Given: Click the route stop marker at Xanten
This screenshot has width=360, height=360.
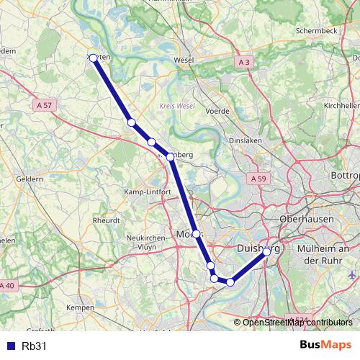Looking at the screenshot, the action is coord(93,58).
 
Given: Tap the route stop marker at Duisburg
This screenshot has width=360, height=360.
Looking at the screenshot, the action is coord(266,252).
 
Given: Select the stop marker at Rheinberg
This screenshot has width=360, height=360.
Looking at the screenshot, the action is coord(170,156).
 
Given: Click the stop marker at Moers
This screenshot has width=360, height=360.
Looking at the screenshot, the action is coord(196,234).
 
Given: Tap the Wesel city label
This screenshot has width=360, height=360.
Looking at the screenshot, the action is coord(184,60).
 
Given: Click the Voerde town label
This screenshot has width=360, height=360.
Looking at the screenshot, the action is coord(217,112).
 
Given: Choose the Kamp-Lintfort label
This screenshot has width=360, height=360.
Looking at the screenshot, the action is coord(147,192).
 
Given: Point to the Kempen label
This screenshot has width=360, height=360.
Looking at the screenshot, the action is coord(80,307).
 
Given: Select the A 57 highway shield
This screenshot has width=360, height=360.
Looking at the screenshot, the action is coord(44,105).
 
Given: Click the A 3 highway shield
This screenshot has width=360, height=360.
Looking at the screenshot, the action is coord(245,63).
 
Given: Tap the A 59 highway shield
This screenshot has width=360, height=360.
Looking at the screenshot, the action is coord(259,178).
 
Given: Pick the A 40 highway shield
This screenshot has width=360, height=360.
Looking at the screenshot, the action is coord(6,287).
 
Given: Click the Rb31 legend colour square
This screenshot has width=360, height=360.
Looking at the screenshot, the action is coord(10,346).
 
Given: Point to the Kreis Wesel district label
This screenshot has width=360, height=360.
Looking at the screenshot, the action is coord(176,106).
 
